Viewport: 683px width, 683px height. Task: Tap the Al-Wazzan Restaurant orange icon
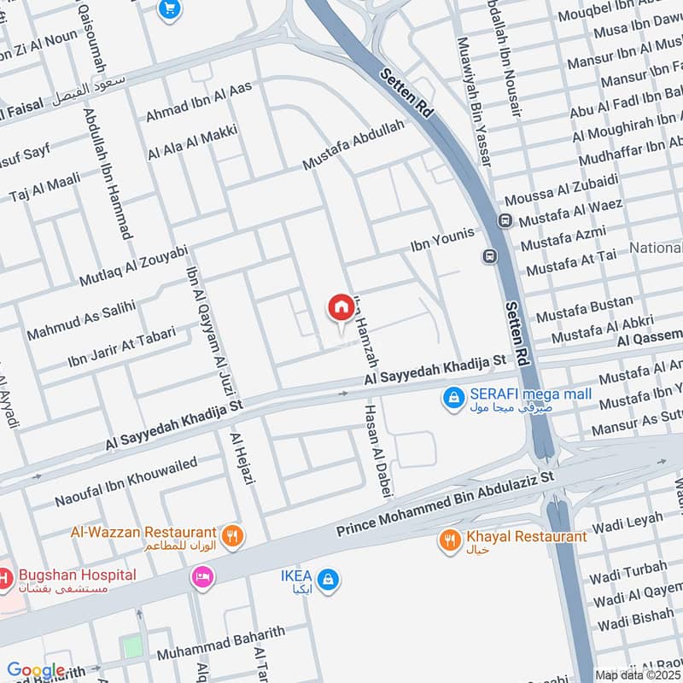[x=231, y=536]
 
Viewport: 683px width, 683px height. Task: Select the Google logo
[x=36, y=671]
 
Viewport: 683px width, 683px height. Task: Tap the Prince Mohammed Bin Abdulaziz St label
[x=445, y=506]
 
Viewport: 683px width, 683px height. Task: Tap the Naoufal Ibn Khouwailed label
[x=126, y=483]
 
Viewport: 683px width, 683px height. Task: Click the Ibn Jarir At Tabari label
[x=121, y=347]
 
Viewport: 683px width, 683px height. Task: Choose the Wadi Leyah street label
[x=627, y=518]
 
